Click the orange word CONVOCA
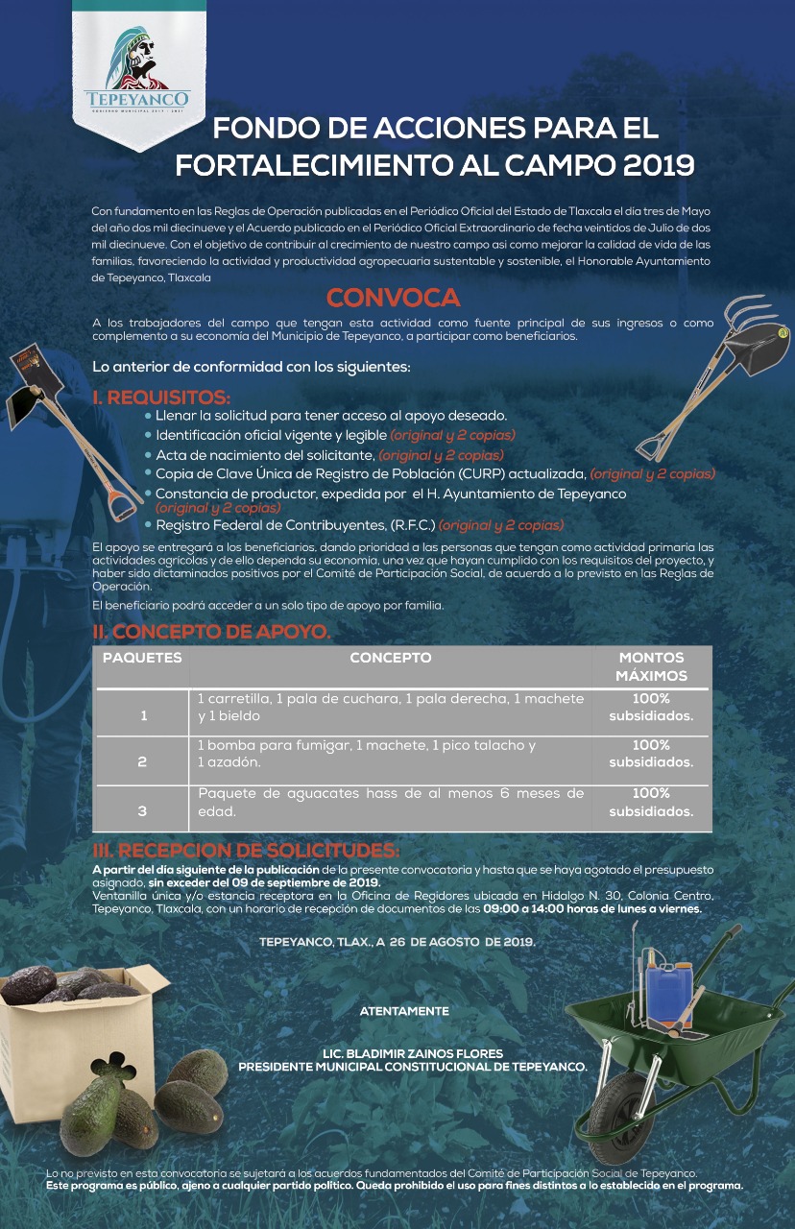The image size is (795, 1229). [393, 298]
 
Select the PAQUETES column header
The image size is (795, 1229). [142, 659]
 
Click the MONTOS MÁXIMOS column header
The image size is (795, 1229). [651, 666]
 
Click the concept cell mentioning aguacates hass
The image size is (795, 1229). [390, 802]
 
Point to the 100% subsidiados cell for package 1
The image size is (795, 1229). [651, 707]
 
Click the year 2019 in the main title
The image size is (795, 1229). [658, 164]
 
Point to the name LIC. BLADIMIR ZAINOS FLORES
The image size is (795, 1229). [413, 1053]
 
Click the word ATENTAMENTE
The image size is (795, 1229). [404, 1011]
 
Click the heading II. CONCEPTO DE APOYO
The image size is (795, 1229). [211, 632]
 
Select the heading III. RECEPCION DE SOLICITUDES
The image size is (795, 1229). [245, 852]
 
